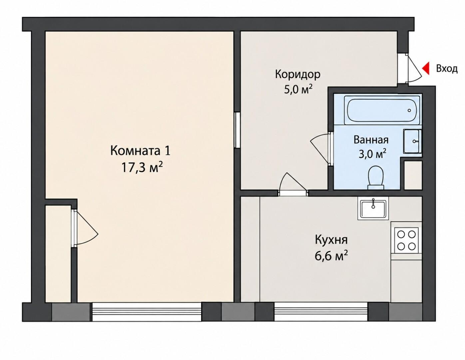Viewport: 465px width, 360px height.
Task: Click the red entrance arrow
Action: pyautogui.click(x=426, y=68)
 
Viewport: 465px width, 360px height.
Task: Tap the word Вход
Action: pyautogui.click(x=447, y=69)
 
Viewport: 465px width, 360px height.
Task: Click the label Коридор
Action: pyautogui.click(x=298, y=75)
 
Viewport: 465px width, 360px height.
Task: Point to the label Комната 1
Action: pyautogui.click(x=140, y=151)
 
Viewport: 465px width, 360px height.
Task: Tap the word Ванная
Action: pyautogui.click(x=371, y=140)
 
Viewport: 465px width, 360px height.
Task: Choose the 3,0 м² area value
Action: pyautogui.click(x=372, y=154)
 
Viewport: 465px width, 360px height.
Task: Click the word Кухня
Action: pyautogui.click(x=331, y=240)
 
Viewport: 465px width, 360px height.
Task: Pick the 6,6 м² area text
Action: pyautogui.click(x=331, y=256)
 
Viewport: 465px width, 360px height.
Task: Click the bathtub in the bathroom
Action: pyautogui.click(x=382, y=110)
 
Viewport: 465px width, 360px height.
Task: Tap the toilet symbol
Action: pyautogui.click(x=375, y=178)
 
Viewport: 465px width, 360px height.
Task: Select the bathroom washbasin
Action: pyautogui.click(x=412, y=141)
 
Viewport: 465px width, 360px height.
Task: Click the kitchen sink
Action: pyautogui.click(x=373, y=208)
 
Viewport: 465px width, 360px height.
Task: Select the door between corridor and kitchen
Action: pyautogui.click(x=293, y=184)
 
